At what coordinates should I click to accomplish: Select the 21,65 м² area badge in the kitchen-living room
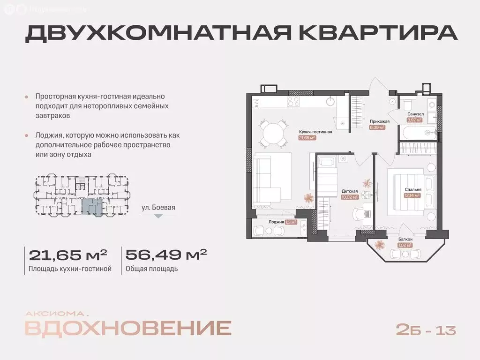coord(308,138)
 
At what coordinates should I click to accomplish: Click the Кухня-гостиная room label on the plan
coord(315,132)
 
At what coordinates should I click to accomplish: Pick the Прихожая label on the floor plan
coord(377,120)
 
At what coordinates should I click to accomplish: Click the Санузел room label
coord(415,114)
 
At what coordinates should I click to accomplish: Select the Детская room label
coord(350,191)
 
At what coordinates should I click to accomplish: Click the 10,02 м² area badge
coord(350,197)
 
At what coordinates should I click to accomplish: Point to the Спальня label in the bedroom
coord(413,189)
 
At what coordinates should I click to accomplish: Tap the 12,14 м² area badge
coord(412,195)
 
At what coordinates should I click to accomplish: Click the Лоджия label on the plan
coord(276,222)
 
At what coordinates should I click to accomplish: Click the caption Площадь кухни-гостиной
coord(70,269)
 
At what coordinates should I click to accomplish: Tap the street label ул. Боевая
coord(158,207)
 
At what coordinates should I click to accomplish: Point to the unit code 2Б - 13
coord(426,330)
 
